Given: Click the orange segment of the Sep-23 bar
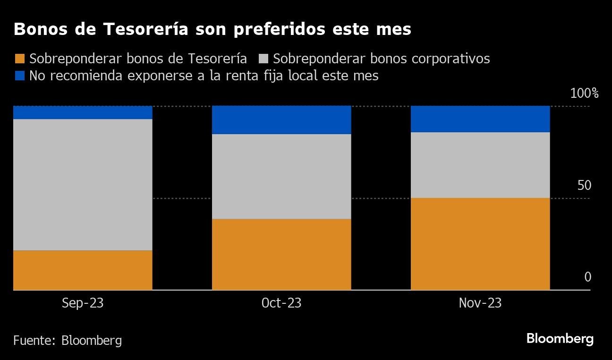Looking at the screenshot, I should coord(83,270).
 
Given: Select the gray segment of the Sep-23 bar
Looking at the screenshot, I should coord(83,185).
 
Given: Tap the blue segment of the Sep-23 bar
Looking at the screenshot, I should coord(83,112).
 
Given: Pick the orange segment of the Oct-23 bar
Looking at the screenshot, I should coord(281,254).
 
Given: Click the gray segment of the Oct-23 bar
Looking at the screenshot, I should coord(281,176).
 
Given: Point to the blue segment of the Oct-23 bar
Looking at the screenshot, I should coord(281,120).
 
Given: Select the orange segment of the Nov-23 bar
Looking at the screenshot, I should coord(480,244).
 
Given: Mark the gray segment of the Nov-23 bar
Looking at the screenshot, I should coord(480,165).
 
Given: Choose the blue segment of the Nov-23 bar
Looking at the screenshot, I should coord(480,119).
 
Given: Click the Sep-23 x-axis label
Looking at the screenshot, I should coord(83,303).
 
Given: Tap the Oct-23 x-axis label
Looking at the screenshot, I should coord(281,303).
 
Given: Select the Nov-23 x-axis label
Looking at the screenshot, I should coord(480,303).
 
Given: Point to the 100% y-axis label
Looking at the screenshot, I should coord(584,94).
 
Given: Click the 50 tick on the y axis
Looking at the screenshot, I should coord(584,185).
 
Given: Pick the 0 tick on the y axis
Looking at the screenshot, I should coord(587,277).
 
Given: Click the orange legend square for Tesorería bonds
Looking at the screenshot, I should coord(19,59).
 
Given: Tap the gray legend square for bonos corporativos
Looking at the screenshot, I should coord(263,59).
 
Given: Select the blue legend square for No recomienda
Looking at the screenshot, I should coord(19,76).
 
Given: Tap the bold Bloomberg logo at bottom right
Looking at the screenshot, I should coord(560,339).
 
